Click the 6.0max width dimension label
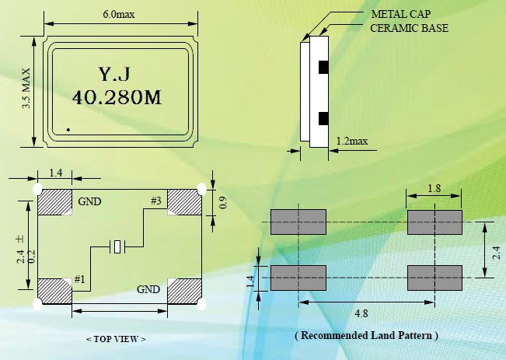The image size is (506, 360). (120, 15)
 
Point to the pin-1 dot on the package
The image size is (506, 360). (68, 129)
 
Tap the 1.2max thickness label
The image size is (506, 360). (351, 142)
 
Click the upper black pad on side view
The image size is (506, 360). (322, 68)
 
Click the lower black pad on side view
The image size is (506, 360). (322, 119)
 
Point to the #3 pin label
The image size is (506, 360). (155, 201)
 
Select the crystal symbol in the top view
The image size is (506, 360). (117, 247)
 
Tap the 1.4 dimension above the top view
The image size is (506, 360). (56, 173)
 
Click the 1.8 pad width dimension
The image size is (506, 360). (434, 188)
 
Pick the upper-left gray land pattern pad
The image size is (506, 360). (298, 222)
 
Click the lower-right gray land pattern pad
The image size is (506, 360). (434, 278)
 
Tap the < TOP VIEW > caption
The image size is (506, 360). (115, 339)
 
